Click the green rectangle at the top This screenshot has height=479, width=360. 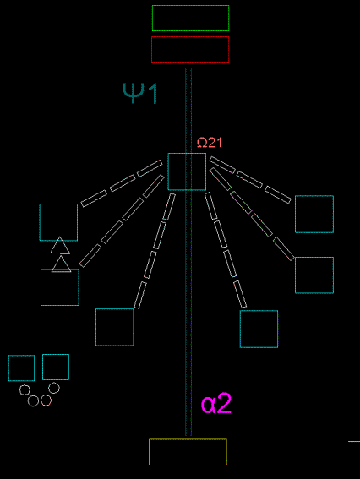pos(190,6)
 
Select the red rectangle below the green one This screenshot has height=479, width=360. pos(190,37)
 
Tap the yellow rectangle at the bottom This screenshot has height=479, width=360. pos(188,439)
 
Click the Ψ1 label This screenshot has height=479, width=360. pos(140,93)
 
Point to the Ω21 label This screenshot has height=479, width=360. pos(210,143)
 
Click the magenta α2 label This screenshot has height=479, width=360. pos(216,404)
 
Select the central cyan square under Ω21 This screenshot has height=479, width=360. pos(187,154)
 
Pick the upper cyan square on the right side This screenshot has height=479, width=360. pos(314,196)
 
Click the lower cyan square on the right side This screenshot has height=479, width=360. pos(314,258)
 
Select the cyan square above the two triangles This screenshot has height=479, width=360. pos(58,204)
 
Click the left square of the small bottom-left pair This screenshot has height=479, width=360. pos(21,356)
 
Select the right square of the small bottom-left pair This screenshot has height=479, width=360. pos(56,354)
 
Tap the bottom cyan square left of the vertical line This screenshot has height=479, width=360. pos(115,309)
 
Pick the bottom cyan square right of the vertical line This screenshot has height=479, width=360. pos(259,311)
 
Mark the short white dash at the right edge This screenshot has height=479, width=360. pos(354,441)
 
